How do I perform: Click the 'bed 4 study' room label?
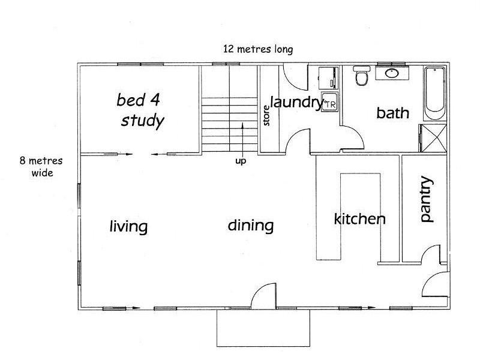(x=140, y=110)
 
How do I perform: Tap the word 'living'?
(x=128, y=226)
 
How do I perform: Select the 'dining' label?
(x=251, y=226)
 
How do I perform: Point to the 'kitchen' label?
(x=359, y=219)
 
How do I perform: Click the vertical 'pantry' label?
(x=427, y=199)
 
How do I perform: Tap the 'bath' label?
(x=393, y=113)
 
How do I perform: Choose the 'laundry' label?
(x=296, y=103)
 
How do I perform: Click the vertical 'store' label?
(x=266, y=115)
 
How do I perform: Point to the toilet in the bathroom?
(x=362, y=76)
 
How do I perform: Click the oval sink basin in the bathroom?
(x=392, y=73)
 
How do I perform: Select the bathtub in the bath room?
(x=434, y=93)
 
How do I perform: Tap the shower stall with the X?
(x=433, y=138)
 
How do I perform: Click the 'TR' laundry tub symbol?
(x=329, y=102)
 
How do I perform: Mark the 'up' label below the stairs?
(x=241, y=161)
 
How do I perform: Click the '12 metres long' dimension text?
(x=258, y=49)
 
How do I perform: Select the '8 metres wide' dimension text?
(x=41, y=167)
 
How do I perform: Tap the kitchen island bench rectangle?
(x=361, y=216)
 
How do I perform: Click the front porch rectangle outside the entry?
(x=263, y=328)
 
